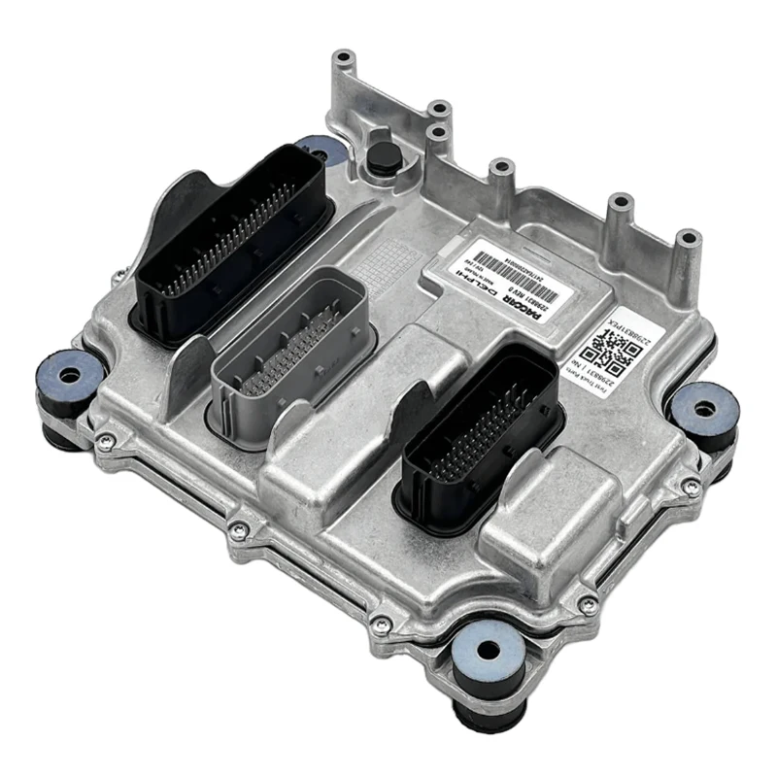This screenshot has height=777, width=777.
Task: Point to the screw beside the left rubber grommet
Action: coord(109,441)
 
